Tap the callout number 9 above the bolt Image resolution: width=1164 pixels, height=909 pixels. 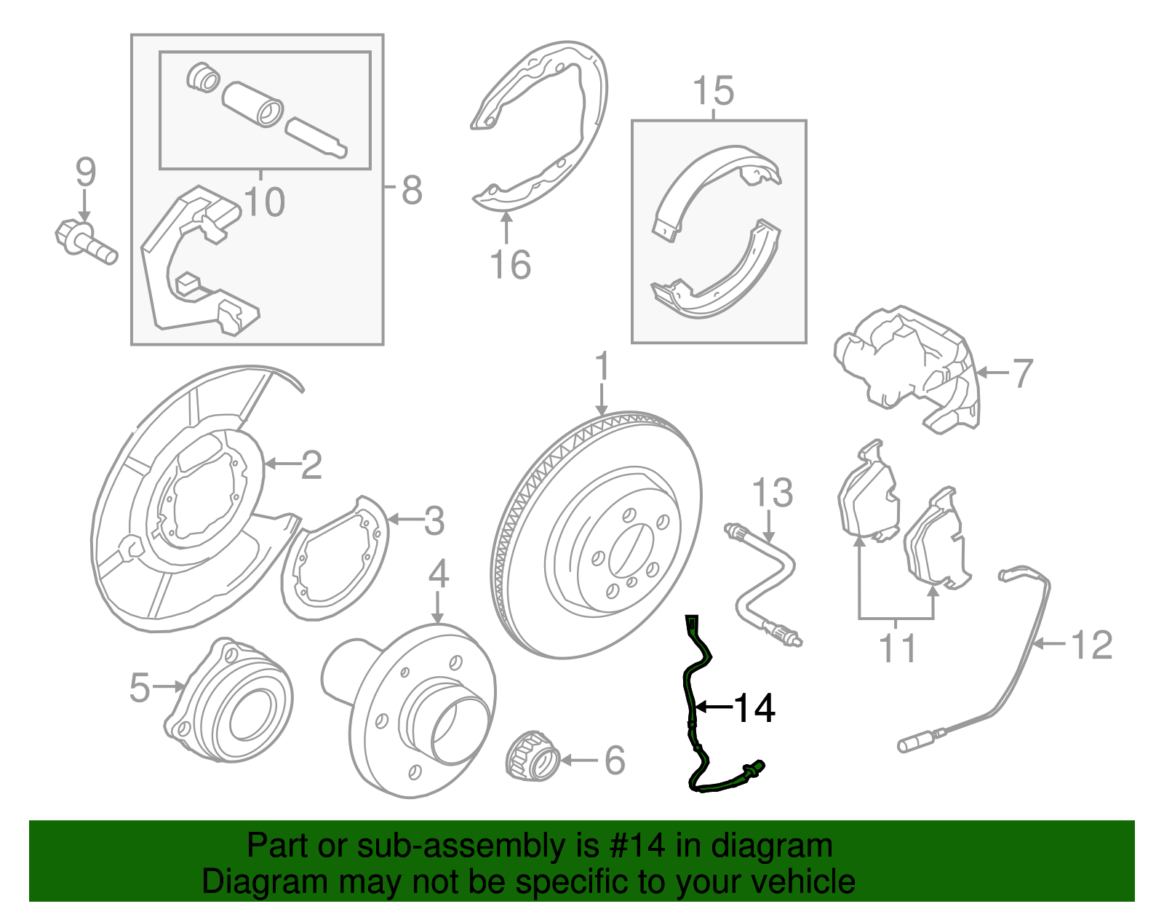(85, 172)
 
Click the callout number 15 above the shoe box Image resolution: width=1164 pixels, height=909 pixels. (713, 92)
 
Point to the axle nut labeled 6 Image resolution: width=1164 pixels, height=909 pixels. (532, 758)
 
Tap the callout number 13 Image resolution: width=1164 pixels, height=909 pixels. (772, 493)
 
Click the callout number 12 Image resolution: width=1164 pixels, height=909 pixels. (1092, 645)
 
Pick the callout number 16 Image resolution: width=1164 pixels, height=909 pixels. (510, 265)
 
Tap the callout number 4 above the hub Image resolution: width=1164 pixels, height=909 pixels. (438, 575)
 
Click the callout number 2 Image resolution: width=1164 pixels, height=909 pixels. (311, 464)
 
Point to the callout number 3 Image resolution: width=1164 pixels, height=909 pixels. (434, 521)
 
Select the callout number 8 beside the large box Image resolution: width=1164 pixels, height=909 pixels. (412, 191)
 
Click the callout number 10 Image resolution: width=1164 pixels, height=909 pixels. (265, 202)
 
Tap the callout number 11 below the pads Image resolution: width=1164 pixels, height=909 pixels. (897, 647)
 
